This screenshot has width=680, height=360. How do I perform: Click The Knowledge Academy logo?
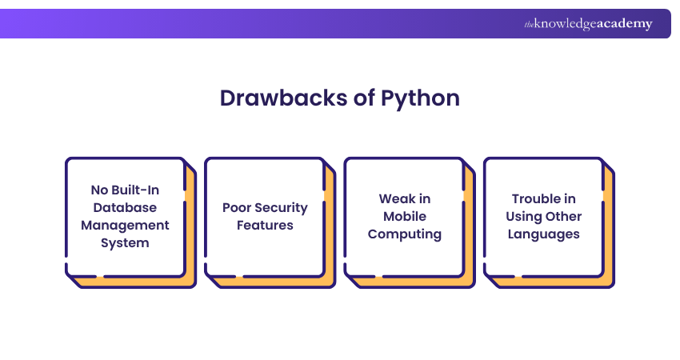click(x=588, y=24)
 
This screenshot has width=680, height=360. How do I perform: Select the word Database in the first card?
click(x=124, y=208)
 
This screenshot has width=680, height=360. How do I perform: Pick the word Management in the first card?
click(x=124, y=226)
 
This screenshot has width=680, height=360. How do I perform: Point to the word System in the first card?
click(x=124, y=243)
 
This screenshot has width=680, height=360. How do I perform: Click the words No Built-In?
click(x=124, y=190)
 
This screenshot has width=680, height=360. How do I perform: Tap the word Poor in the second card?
click(x=238, y=208)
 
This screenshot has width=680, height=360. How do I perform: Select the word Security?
click(x=282, y=208)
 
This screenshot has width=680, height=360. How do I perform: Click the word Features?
click(x=265, y=226)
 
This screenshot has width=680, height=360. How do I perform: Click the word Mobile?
click(x=404, y=217)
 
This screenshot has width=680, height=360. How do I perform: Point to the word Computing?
click(x=404, y=234)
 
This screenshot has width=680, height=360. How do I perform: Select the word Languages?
click(x=544, y=234)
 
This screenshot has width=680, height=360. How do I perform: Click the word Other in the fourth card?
click(x=563, y=217)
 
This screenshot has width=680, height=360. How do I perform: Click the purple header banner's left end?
click(x=12, y=24)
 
